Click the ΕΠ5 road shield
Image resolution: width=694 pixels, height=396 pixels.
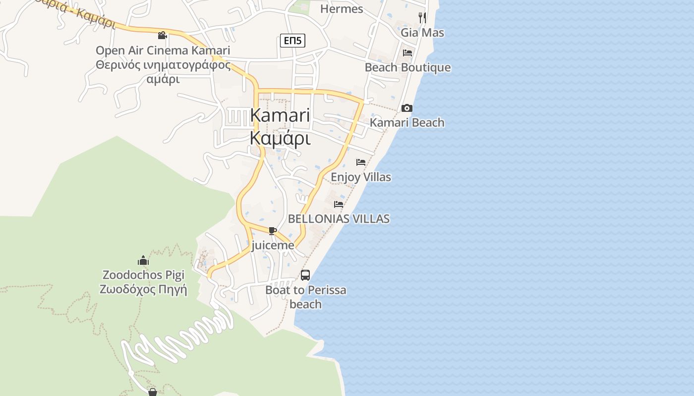(x=292, y=41)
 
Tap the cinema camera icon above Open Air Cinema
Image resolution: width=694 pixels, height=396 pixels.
(x=162, y=35)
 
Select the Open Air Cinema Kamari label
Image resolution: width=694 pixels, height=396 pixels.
(x=163, y=50)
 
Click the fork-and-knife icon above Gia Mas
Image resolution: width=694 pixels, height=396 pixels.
(x=422, y=17)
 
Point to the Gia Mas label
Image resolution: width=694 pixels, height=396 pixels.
(x=422, y=33)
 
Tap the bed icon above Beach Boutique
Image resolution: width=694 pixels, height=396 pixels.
(x=407, y=52)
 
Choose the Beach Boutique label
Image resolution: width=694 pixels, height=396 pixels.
(x=407, y=67)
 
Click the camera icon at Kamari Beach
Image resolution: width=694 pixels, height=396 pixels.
(x=406, y=108)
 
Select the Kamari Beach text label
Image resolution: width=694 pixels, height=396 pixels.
(x=407, y=123)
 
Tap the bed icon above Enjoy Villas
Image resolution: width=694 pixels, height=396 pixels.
(x=361, y=162)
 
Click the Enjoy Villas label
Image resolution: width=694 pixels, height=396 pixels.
(x=361, y=177)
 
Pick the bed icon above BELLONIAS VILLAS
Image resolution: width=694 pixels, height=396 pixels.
(x=339, y=203)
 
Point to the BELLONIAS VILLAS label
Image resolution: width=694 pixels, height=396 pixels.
(x=339, y=219)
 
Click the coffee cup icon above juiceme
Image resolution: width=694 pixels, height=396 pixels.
(x=272, y=231)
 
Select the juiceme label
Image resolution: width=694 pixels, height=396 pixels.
(x=273, y=246)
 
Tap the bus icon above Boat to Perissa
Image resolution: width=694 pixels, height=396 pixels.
(x=305, y=275)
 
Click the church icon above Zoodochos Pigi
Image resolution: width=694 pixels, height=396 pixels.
(x=143, y=260)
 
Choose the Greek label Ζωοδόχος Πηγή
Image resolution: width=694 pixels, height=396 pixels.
(x=143, y=290)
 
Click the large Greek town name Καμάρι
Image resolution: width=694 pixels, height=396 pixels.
(x=280, y=139)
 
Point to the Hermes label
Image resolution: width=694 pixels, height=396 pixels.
(x=342, y=9)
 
